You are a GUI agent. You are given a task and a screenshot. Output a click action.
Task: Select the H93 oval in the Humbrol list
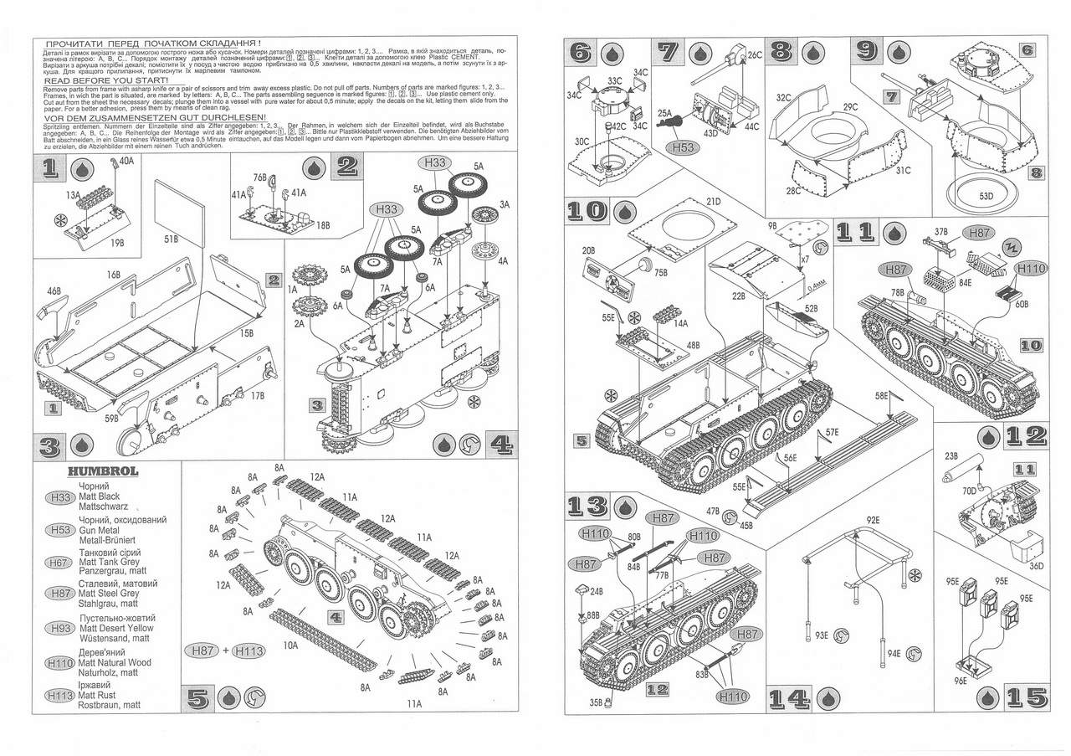click(59, 628)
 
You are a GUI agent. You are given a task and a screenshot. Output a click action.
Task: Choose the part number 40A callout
click(127, 161)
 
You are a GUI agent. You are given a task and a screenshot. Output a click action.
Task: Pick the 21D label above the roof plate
click(713, 202)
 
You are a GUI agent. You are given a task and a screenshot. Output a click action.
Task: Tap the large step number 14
click(787, 697)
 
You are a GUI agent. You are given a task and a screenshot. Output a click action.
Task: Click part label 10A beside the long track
click(290, 645)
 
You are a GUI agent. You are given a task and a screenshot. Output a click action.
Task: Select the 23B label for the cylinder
click(951, 456)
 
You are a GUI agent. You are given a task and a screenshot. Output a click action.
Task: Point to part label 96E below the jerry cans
click(957, 681)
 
